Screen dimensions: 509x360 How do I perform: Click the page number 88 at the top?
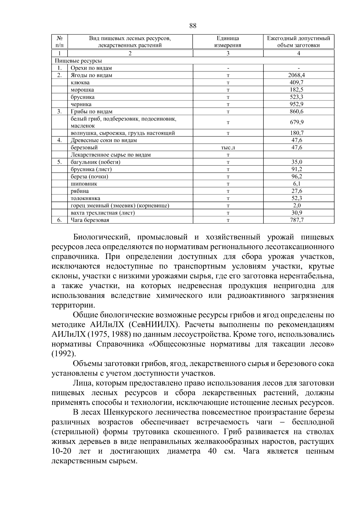(193, 26)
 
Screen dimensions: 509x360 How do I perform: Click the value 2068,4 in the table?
(298, 75)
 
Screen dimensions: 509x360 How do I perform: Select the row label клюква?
(80, 82)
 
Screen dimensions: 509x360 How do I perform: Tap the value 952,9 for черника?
(298, 104)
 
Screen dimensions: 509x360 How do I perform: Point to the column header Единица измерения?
(228, 42)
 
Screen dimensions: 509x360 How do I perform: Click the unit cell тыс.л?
(228, 148)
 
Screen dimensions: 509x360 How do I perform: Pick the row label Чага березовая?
(90, 220)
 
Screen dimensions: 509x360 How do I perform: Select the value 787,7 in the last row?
(298, 220)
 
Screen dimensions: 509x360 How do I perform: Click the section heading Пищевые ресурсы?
(78, 61)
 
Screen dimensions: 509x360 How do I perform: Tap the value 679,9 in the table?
(298, 122)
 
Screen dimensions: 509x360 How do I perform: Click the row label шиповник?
(84, 184)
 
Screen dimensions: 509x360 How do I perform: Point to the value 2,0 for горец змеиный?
(298, 206)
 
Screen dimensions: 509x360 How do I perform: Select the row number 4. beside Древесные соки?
(59, 140)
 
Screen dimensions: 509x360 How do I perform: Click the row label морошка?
(82, 90)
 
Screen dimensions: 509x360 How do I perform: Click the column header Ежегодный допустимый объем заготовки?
(298, 42)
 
